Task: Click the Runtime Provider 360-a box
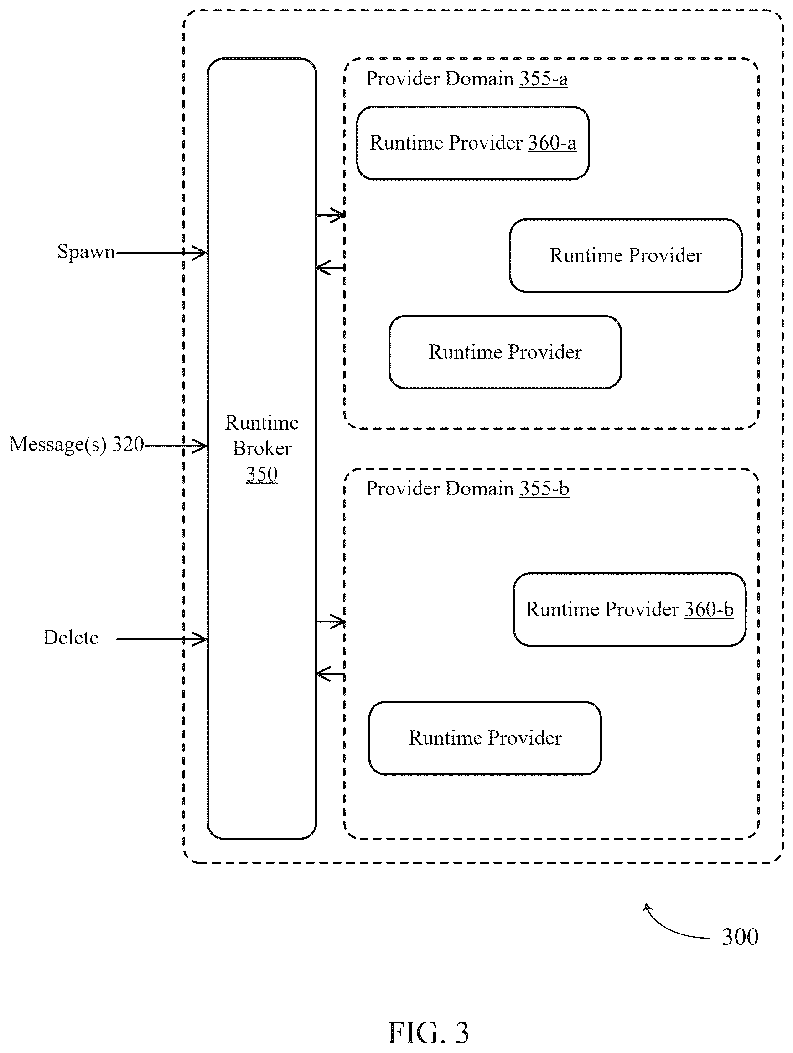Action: pos(473,143)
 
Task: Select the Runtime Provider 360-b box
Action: pos(629,609)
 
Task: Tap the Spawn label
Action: pos(86,252)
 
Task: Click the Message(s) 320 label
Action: pos(77,445)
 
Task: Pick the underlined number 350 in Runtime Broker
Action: pos(262,474)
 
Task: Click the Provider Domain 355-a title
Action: pos(467,78)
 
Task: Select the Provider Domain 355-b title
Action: pos(467,488)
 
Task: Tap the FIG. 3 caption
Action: pos(428,1032)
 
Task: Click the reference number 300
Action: pos(740,937)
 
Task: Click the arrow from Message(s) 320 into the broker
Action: pos(175,446)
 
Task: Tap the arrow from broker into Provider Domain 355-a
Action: pos(331,215)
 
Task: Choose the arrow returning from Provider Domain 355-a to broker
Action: pos(331,268)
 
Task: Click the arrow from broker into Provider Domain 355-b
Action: pos(331,622)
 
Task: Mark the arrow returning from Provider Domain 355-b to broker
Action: pos(331,674)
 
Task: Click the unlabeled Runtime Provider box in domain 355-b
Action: pos(485,738)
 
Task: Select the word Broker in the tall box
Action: pos(262,448)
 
